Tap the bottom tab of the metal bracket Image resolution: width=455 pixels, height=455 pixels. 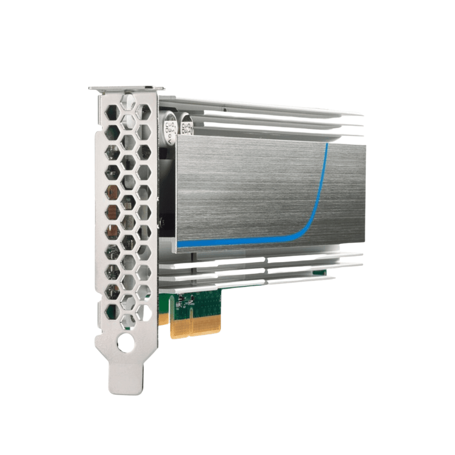pos(126,378)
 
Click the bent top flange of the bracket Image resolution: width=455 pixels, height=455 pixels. pos(126,88)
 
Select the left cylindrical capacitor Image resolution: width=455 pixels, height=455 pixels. pos(170,123)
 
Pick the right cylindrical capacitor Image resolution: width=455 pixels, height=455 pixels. pos(187,124)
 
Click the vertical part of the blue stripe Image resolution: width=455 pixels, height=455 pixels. pos(324,178)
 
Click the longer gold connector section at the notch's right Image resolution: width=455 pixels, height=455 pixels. pos(205,326)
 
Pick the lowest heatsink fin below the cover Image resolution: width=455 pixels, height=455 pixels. pos(249,284)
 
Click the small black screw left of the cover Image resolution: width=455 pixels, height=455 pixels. pos(162,220)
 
